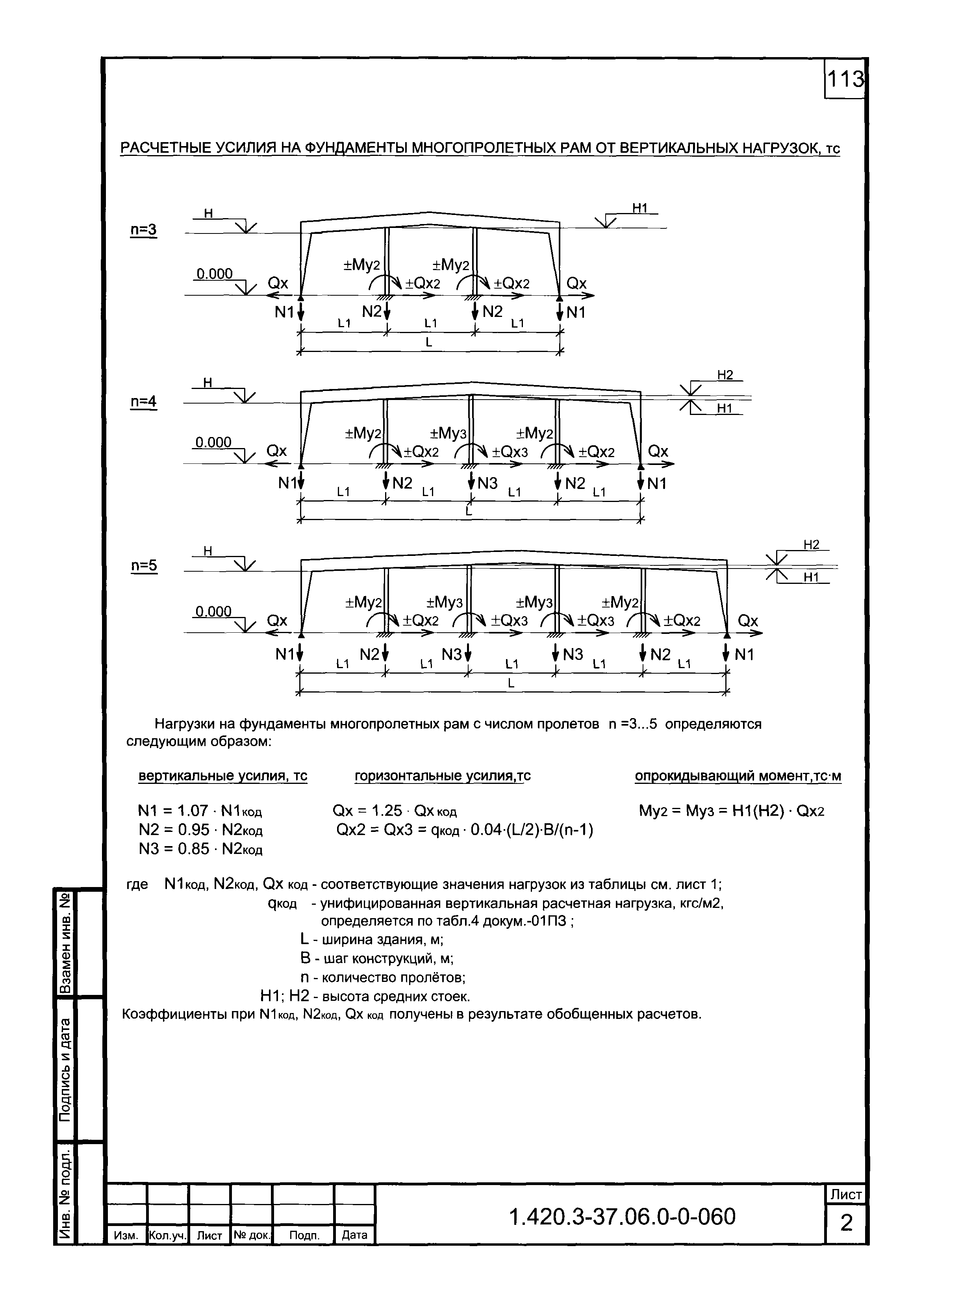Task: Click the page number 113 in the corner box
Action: pos(845,79)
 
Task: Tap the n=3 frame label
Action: pos(143,230)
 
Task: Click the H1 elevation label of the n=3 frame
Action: pos(640,208)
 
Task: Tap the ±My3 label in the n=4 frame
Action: pos(448,433)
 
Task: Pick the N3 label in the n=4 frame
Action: pos(487,483)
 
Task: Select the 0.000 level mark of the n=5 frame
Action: pos(213,611)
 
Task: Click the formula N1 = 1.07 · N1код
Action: pos(200,811)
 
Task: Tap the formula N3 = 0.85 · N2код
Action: pos(200,849)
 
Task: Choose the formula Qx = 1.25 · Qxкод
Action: pos(395,811)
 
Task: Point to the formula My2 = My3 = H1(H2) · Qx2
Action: pos(732,811)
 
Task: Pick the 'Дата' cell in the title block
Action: pos(354,1235)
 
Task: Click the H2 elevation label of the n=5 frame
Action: pos(811,545)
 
